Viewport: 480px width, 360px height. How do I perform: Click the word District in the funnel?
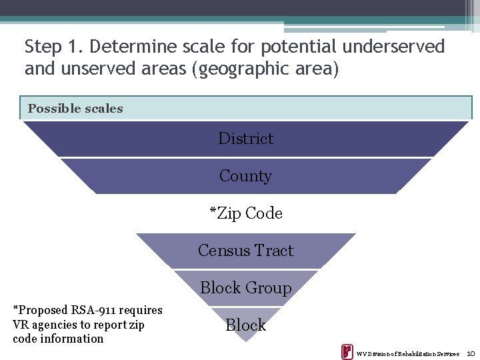tap(246, 139)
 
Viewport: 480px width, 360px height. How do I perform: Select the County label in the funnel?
tap(245, 176)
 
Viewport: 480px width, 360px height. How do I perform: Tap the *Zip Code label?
tap(246, 213)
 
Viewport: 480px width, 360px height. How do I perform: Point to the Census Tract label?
tap(246, 251)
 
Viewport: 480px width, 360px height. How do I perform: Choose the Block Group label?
tap(246, 288)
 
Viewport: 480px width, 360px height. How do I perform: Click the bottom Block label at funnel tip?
tap(245, 325)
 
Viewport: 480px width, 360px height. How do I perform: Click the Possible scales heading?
tap(75, 109)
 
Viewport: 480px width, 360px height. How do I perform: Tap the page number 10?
tap(470, 353)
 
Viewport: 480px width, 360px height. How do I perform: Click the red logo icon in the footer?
tap(347, 352)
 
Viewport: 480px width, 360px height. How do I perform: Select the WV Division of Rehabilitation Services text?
tap(407, 353)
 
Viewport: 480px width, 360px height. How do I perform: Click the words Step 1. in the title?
tap(53, 47)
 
